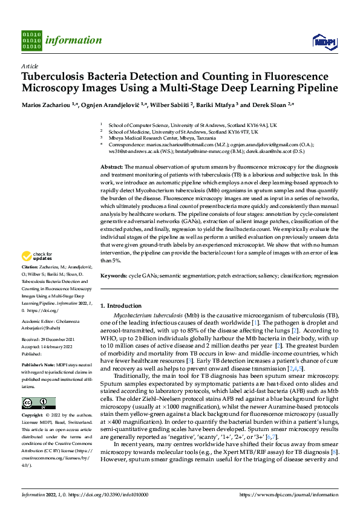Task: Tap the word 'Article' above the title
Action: [30, 66]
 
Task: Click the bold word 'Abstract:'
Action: [111, 166]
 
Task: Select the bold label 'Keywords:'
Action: [114, 275]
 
